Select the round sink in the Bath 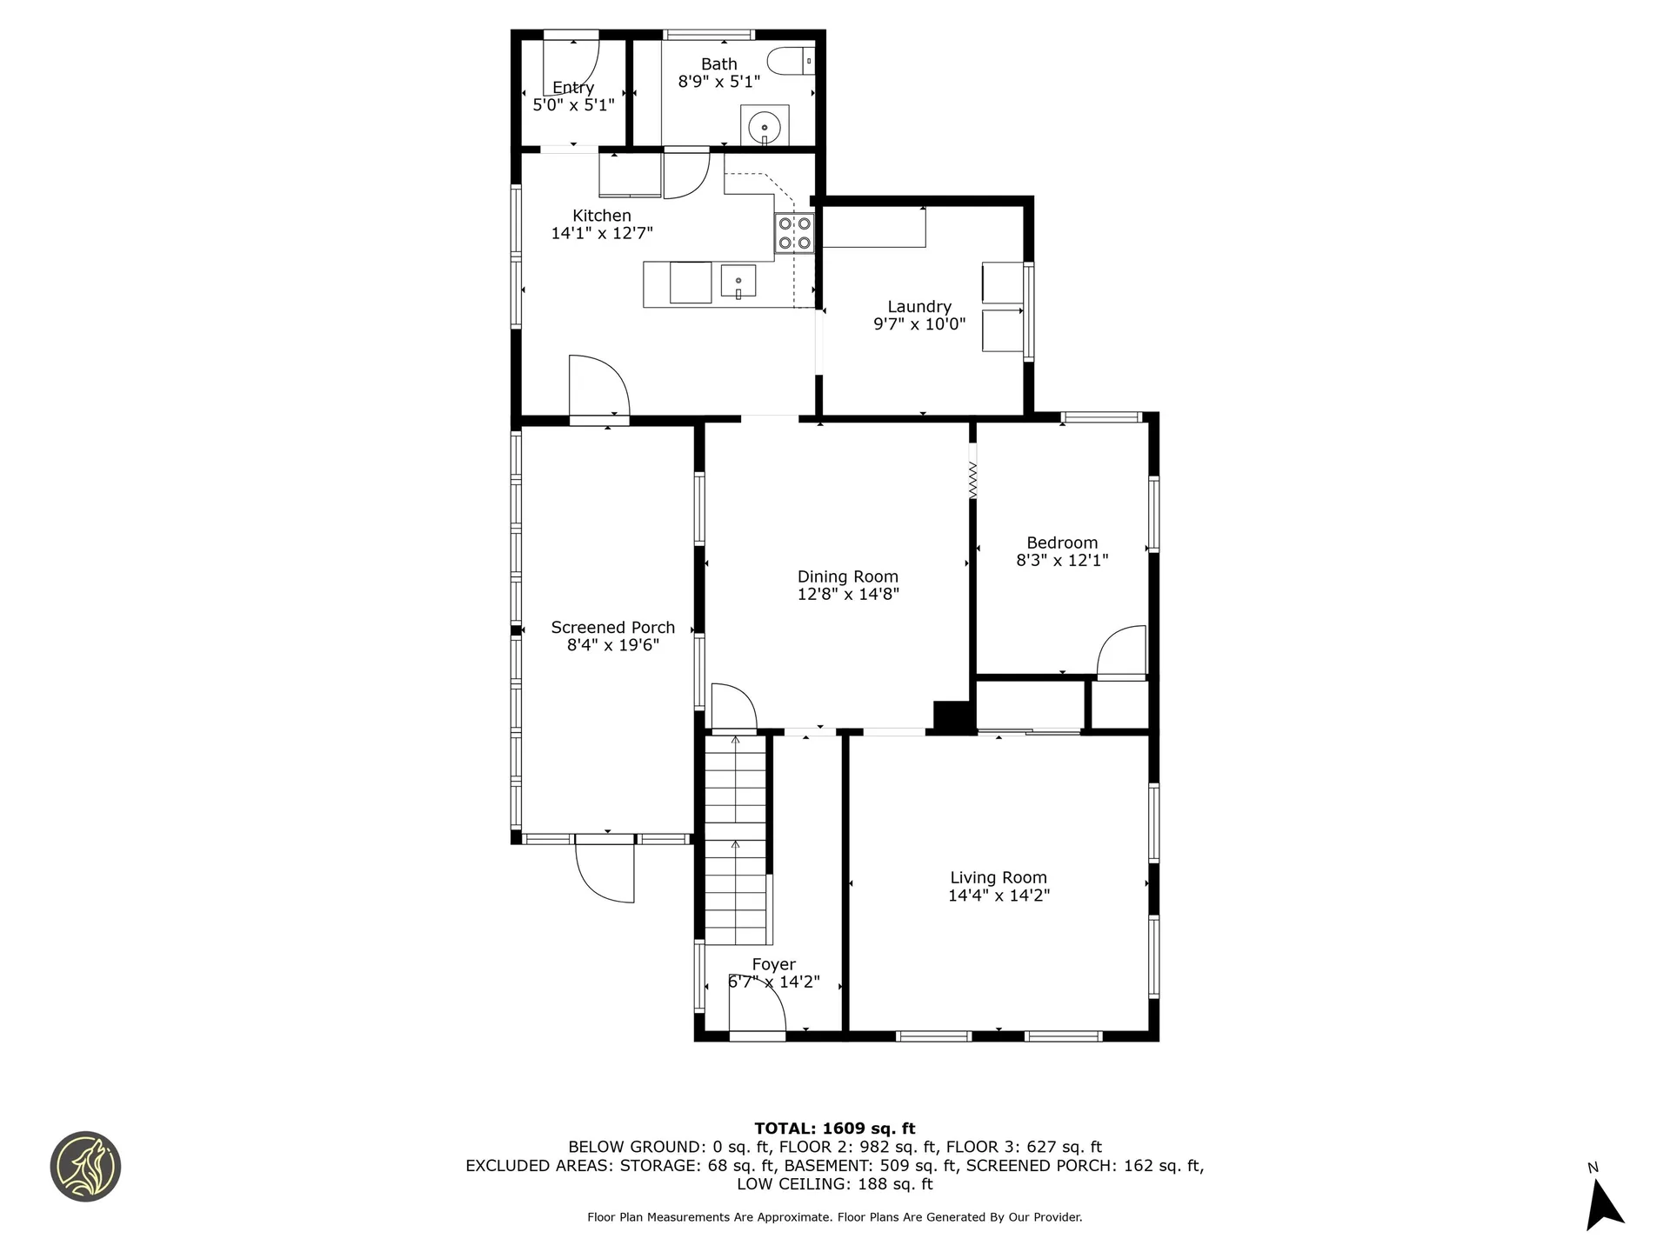pyautogui.click(x=765, y=127)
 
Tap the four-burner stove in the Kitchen pyautogui.click(x=795, y=232)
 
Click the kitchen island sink pyautogui.click(x=738, y=282)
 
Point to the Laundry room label pyautogui.click(x=919, y=307)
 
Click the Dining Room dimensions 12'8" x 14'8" pyautogui.click(x=848, y=595)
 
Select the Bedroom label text pyautogui.click(x=1062, y=543)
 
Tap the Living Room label pyautogui.click(x=999, y=878)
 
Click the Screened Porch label pyautogui.click(x=612, y=628)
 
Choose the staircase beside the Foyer pyautogui.click(x=736, y=839)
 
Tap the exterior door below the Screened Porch pyautogui.click(x=606, y=872)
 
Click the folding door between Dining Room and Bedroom pyautogui.click(x=972, y=479)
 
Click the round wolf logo pyautogui.click(x=85, y=1167)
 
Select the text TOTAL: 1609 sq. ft pyautogui.click(x=834, y=1129)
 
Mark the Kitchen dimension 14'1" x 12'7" pyautogui.click(x=602, y=233)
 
